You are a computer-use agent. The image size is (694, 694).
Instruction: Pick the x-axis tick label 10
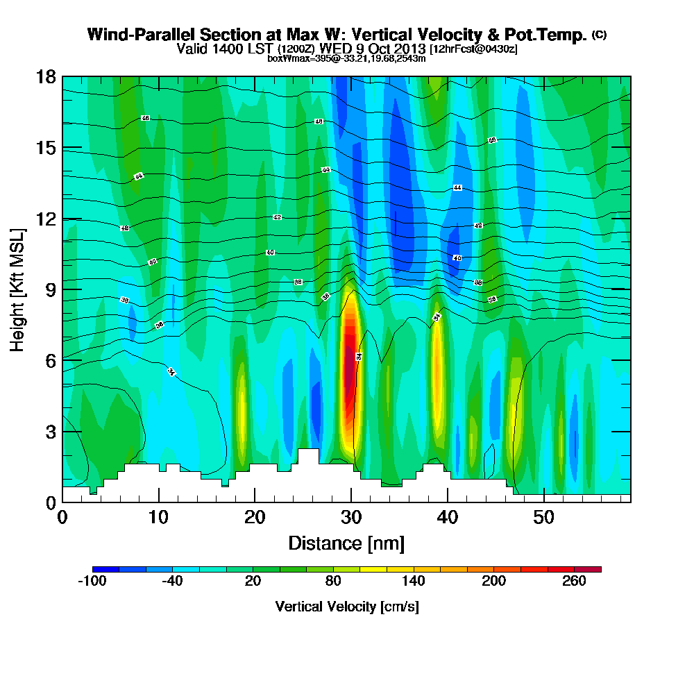coord(159,517)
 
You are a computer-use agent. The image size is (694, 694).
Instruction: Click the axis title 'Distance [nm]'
coord(346,543)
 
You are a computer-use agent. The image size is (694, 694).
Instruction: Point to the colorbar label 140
coord(414,582)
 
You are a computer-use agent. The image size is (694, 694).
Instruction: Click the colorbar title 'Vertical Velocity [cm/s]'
coord(347,607)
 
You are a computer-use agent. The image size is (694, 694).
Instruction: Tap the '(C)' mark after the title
coord(599,35)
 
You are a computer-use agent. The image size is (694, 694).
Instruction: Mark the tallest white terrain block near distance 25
coord(308,457)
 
